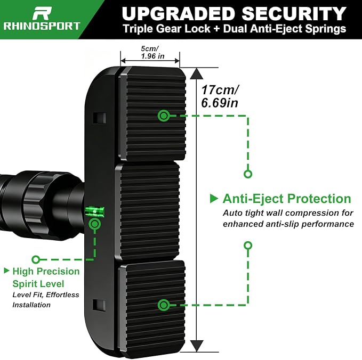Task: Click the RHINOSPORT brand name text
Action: point(42,26)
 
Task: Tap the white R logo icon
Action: point(42,13)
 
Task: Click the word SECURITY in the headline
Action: point(294,14)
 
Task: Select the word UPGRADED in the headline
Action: point(179,14)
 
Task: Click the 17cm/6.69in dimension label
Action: point(220,96)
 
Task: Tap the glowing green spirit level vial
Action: point(95,211)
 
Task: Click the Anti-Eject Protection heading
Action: point(287,199)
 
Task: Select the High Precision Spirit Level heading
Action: point(46,277)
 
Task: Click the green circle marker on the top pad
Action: point(164,116)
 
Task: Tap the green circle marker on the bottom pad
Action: point(164,305)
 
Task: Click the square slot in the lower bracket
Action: point(99,305)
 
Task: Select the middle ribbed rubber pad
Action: point(147,211)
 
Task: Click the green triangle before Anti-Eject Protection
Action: point(214,199)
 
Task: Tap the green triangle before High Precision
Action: point(7,271)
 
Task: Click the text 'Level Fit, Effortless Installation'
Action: point(46,300)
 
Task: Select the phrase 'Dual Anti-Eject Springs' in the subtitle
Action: point(285,29)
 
